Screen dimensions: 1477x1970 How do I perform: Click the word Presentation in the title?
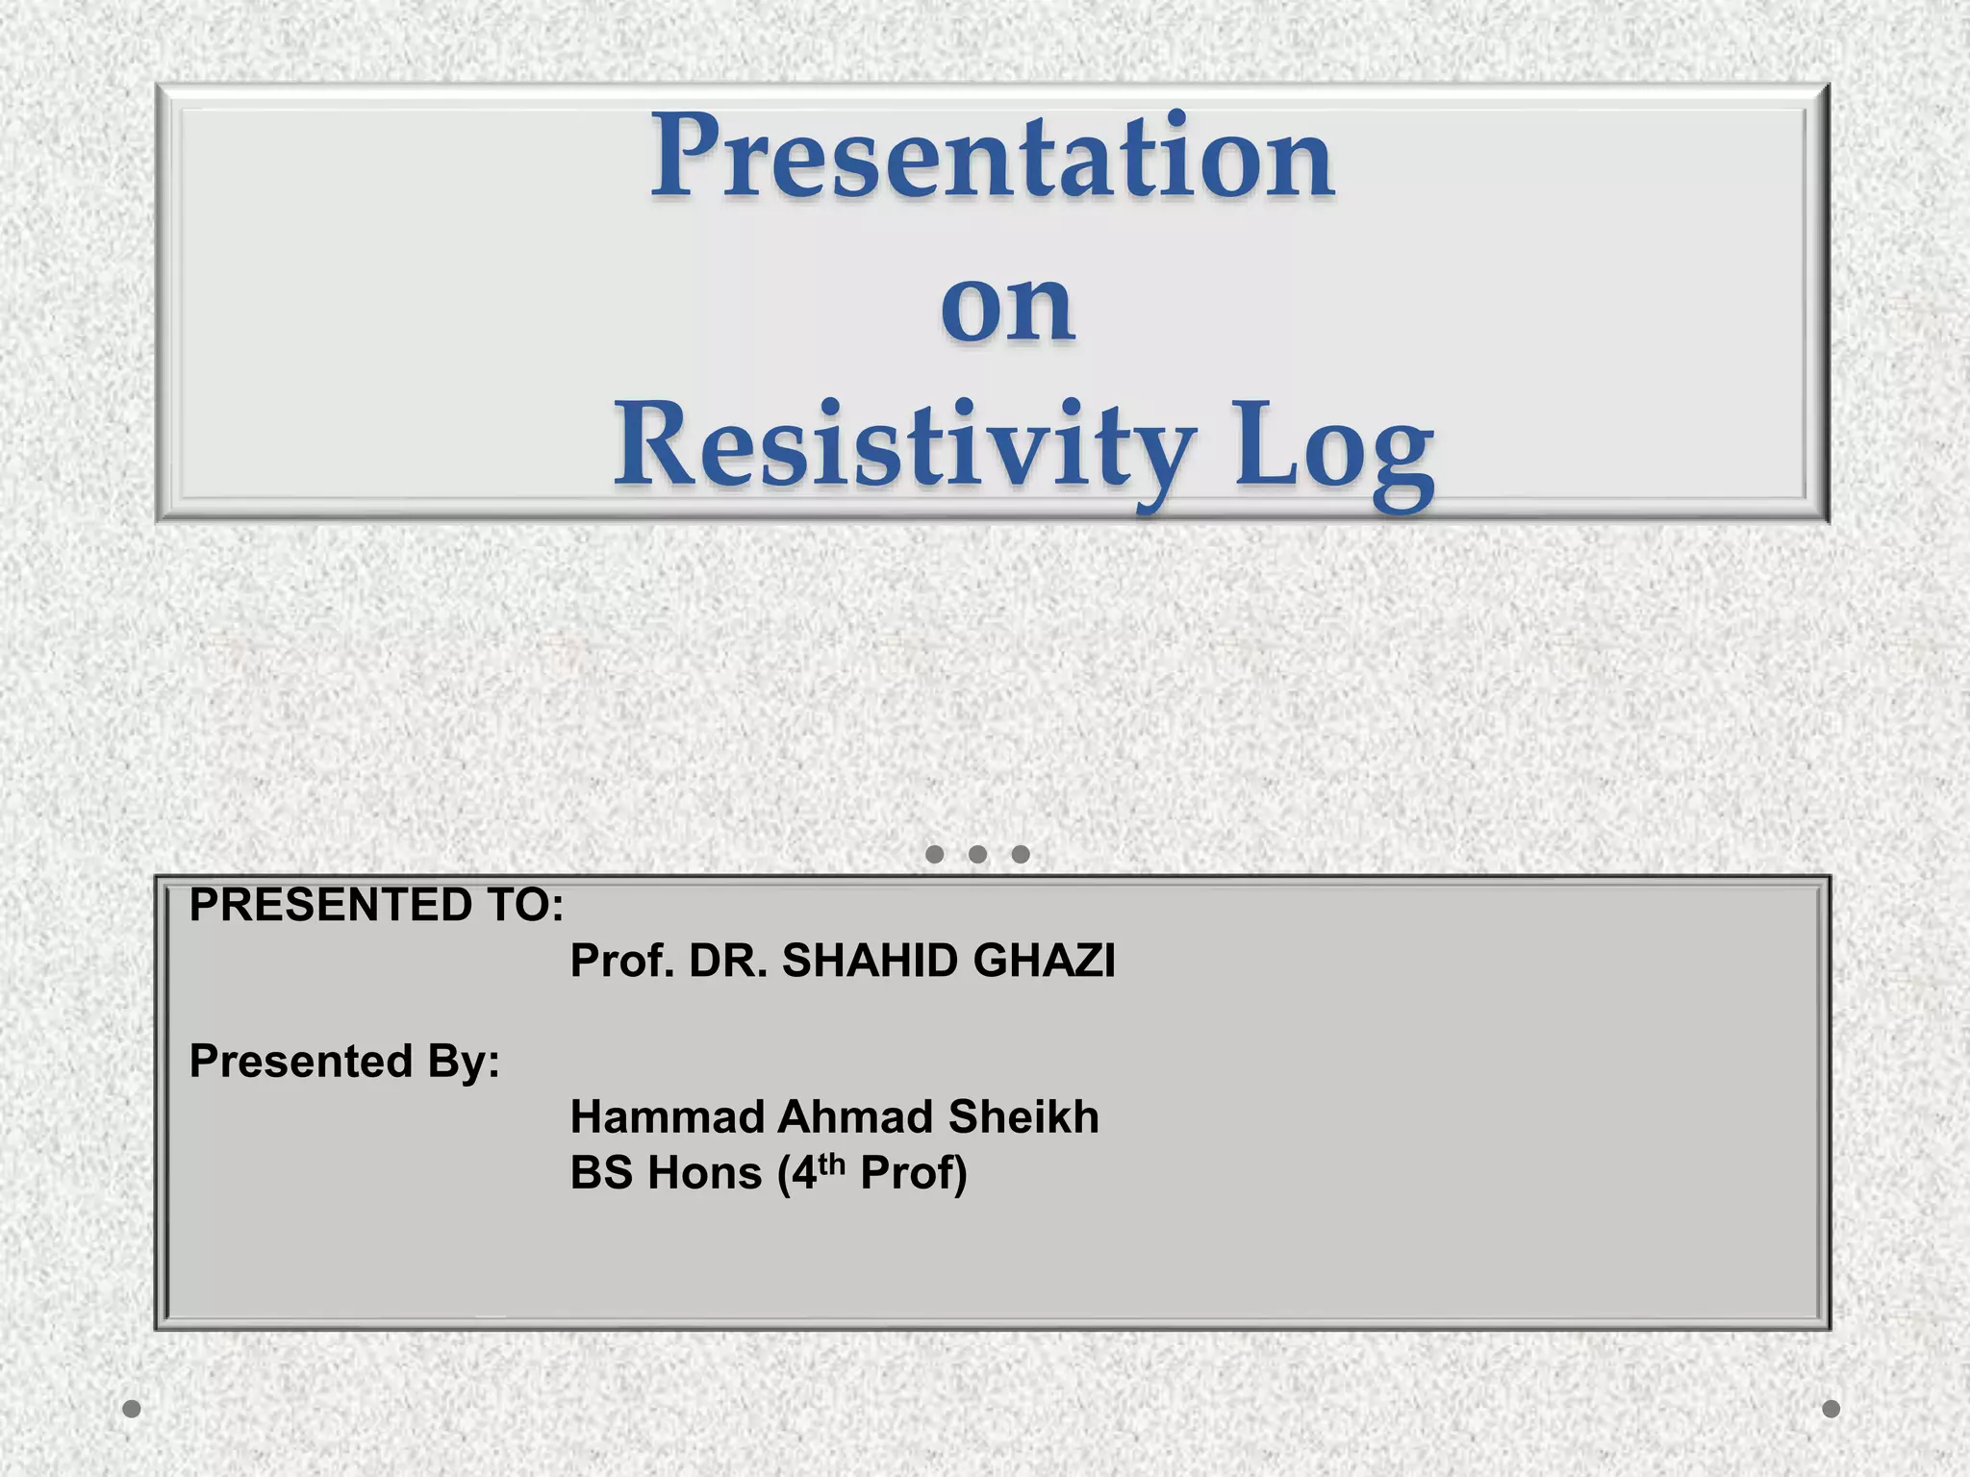tap(993, 156)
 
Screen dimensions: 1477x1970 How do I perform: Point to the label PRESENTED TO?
tap(376, 905)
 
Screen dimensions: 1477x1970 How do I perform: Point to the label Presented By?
tap(344, 1062)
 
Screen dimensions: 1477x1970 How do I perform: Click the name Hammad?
tap(667, 1117)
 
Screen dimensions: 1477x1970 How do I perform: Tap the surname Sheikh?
tap(1023, 1117)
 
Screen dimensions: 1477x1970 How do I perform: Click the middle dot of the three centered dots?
tap(977, 854)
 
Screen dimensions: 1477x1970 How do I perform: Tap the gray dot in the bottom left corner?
tap(133, 1409)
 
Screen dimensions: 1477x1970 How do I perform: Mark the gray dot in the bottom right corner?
tap(1831, 1409)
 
